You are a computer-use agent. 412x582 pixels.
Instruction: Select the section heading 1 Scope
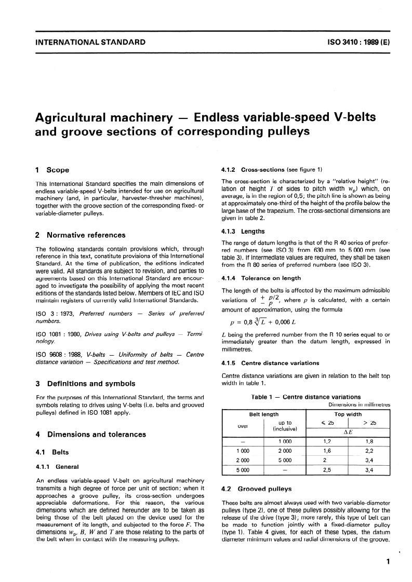(52, 170)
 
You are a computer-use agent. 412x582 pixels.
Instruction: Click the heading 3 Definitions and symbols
(85, 384)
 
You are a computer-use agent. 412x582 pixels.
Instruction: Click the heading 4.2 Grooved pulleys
(257, 489)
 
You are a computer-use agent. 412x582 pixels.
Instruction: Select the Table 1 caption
(305, 397)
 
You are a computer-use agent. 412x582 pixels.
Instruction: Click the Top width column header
(348, 414)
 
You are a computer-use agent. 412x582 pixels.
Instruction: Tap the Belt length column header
(264, 414)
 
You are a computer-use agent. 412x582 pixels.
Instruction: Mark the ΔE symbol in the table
(348, 431)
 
